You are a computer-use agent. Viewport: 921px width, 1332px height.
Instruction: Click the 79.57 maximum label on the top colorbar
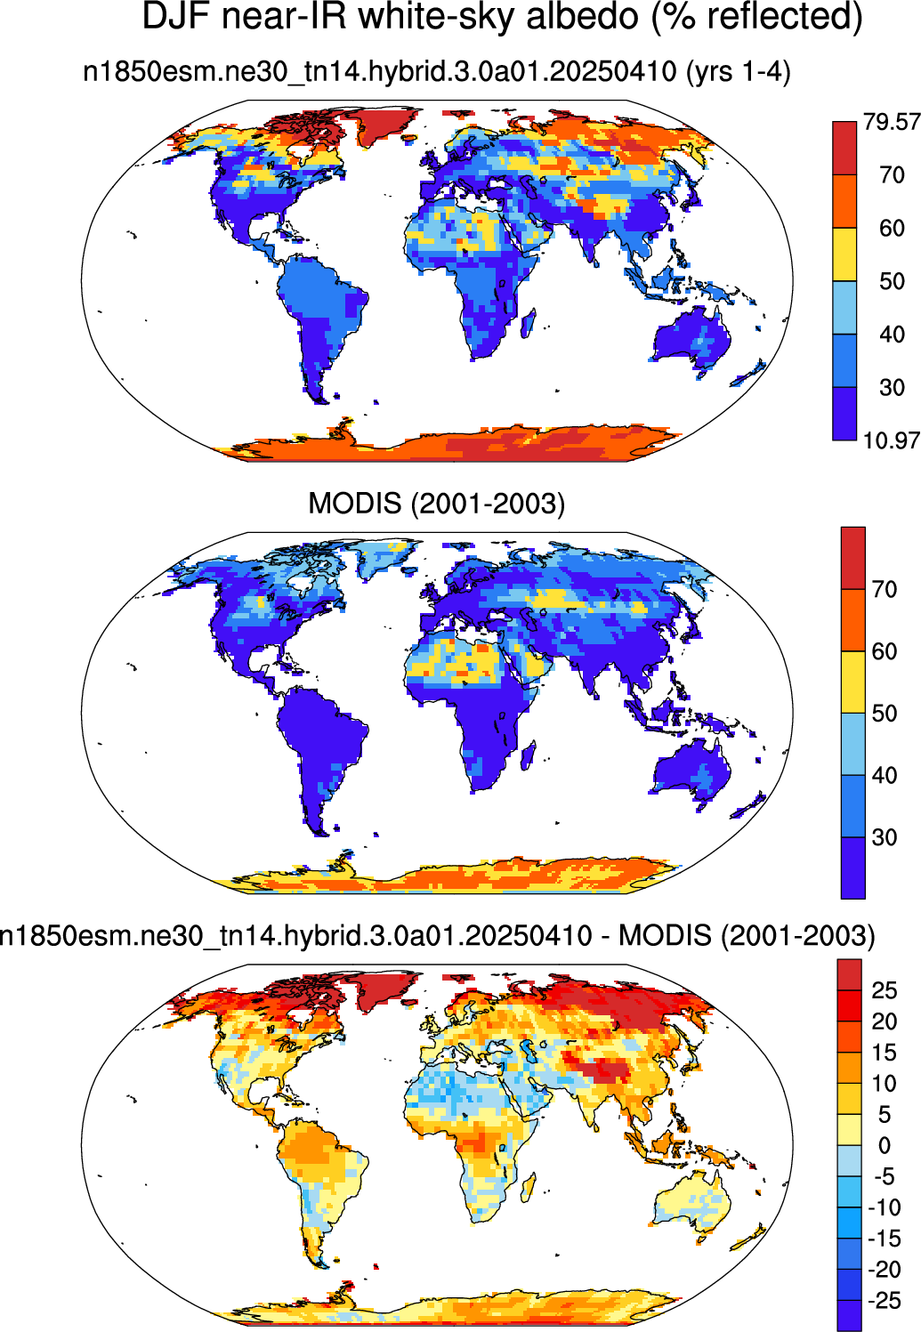click(x=892, y=122)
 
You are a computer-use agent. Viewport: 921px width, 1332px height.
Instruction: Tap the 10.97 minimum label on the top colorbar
click(x=892, y=440)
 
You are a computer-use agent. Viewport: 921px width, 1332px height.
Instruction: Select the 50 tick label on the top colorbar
click(x=892, y=281)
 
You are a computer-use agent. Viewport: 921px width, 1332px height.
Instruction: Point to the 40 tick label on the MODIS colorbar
click(x=885, y=775)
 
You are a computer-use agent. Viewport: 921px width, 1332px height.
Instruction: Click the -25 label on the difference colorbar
click(x=884, y=1301)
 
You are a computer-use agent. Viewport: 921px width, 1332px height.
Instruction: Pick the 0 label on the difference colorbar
click(x=885, y=1145)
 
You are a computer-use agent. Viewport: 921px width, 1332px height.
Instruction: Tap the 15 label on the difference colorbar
click(x=885, y=1053)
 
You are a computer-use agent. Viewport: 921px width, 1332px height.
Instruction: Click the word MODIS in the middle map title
click(x=355, y=504)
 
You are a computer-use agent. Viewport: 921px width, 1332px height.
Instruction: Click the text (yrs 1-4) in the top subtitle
click(x=738, y=73)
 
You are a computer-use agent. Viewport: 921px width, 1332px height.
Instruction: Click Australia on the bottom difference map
click(x=693, y=1197)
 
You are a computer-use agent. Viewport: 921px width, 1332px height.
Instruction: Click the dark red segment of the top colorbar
click(x=844, y=148)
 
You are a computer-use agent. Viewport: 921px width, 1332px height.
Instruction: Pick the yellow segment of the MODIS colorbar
click(x=852, y=682)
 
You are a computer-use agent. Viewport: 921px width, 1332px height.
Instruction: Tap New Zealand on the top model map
click(x=749, y=375)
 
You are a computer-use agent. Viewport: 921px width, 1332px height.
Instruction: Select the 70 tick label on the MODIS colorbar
click(x=885, y=589)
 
